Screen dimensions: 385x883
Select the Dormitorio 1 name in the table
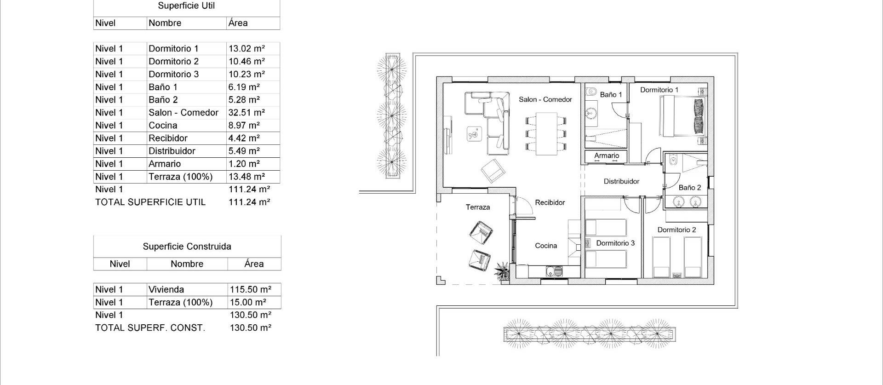tap(173, 49)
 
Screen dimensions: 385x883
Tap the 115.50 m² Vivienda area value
tap(251, 290)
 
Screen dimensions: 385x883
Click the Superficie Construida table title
tap(187, 247)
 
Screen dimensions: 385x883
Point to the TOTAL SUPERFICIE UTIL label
tap(150, 202)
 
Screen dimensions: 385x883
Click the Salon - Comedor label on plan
tap(545, 99)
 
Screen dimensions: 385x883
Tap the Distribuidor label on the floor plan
tap(621, 181)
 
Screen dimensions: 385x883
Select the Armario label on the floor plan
tap(607, 155)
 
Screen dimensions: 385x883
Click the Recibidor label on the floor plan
tap(550, 202)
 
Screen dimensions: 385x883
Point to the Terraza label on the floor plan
tap(478, 207)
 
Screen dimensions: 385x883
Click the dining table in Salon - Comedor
tap(545, 134)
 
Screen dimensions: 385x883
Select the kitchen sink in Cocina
tap(554, 272)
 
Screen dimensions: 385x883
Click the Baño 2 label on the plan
tap(689, 188)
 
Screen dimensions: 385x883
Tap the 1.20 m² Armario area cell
tap(244, 164)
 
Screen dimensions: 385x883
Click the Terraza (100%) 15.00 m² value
tap(248, 303)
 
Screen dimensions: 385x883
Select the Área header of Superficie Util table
tap(238, 23)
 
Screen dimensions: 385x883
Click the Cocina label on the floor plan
tap(546, 246)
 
